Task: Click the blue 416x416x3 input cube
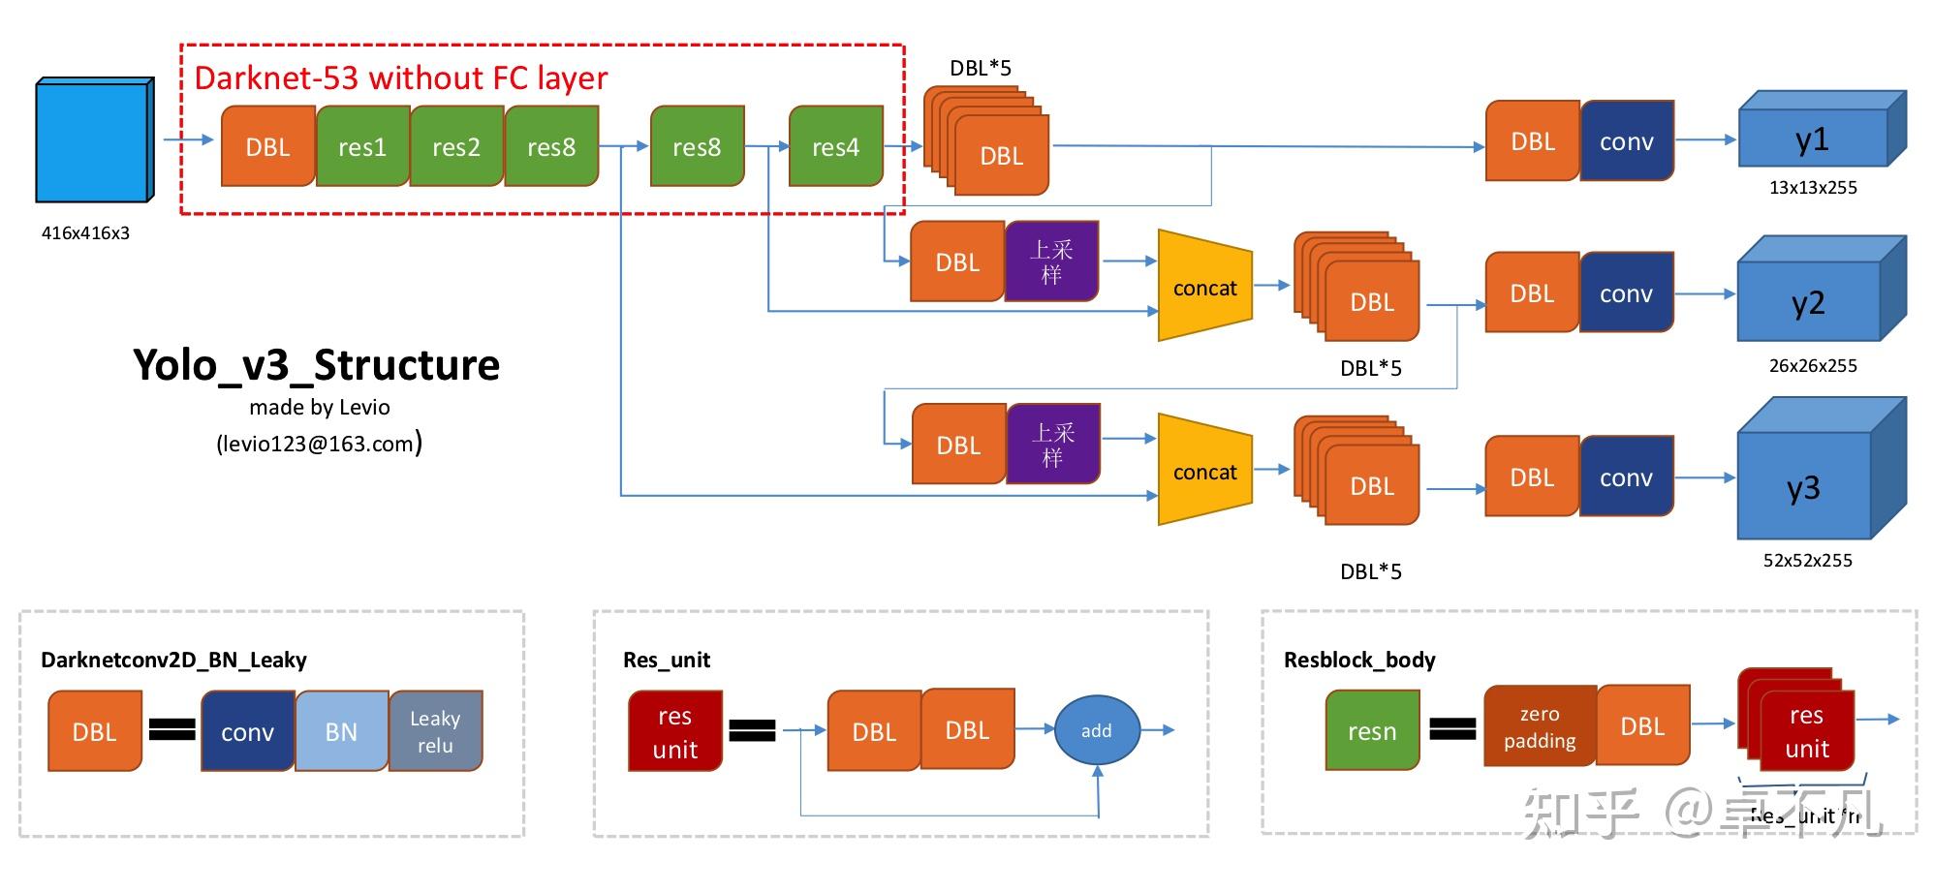[93, 141]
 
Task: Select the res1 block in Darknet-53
[362, 147]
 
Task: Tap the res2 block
[456, 147]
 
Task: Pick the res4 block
[835, 147]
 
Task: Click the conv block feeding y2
[1626, 293]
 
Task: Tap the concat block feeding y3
[1204, 472]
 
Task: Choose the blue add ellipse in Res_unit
[1097, 731]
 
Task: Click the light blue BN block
[341, 732]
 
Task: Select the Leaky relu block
[435, 732]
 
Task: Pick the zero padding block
[1540, 727]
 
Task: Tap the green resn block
[1372, 731]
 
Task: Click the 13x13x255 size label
[1813, 188]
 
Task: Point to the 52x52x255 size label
[1807, 561]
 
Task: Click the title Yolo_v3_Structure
[317, 366]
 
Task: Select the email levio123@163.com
[318, 445]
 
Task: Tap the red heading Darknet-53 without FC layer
[401, 78]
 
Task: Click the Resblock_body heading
[1359, 661]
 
